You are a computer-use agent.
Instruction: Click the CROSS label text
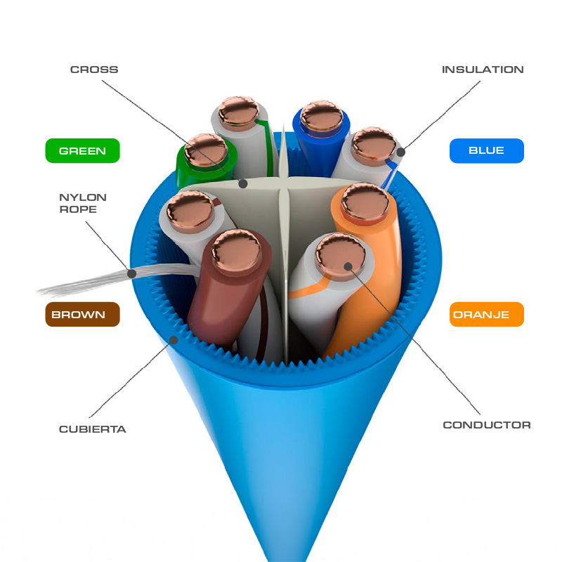[94, 70]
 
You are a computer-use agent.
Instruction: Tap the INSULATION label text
[483, 70]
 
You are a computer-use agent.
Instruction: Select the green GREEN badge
[82, 150]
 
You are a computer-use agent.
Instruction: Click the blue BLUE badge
[487, 150]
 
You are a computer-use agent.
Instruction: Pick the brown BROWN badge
[82, 314]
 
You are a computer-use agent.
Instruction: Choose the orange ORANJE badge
[487, 314]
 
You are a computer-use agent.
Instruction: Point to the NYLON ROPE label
[83, 203]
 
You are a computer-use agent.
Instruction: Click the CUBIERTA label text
[93, 429]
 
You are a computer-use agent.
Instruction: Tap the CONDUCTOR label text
[487, 425]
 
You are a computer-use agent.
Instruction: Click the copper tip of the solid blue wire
[321, 116]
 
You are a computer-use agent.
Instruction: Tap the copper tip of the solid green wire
[206, 150]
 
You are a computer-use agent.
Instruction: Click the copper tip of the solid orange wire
[365, 203]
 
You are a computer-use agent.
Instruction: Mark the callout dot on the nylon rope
[132, 274]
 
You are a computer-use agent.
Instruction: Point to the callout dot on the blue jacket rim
[174, 340]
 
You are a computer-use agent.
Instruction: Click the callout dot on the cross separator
[243, 184]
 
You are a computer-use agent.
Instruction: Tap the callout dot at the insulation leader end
[400, 152]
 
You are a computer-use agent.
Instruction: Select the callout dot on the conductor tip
[348, 267]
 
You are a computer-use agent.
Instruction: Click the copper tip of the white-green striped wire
[238, 112]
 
